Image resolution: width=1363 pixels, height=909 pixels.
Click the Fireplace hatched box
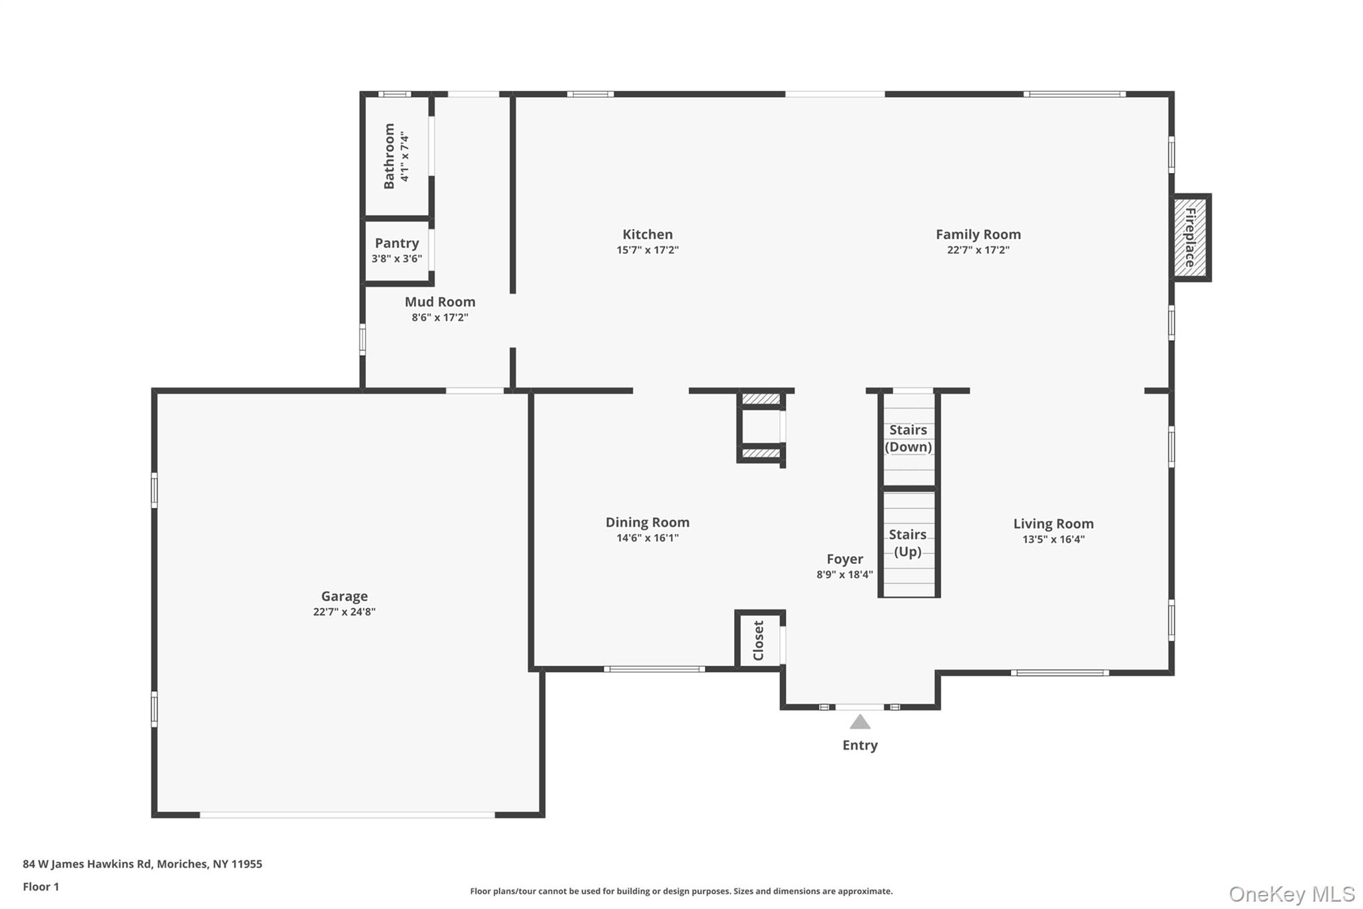coord(1190,238)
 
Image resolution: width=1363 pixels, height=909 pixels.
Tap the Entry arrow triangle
coord(860,723)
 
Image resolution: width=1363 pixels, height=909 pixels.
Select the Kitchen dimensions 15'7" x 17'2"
coord(647,250)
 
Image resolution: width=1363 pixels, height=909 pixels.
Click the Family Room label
coord(978,234)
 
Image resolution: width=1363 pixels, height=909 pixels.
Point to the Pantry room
coord(397,250)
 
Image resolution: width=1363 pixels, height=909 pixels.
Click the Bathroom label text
coord(389,156)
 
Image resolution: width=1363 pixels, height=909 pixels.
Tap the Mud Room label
coord(440,302)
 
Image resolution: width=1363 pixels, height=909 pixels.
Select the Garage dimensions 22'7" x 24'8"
coord(344,612)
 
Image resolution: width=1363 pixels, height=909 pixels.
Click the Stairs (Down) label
coord(908,438)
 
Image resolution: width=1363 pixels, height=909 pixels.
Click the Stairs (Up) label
coord(908,543)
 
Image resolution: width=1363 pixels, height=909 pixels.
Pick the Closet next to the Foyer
coord(759,640)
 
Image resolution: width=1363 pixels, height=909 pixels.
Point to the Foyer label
coord(845,559)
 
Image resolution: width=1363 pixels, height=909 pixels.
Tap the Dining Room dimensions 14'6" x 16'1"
coord(647,538)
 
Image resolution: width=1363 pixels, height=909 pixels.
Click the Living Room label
coord(1053,524)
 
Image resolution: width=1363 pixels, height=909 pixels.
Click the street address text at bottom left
coord(142,864)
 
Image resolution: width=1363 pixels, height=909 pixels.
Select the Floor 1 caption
coord(41,887)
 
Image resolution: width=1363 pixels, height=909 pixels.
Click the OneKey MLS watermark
coord(1291,894)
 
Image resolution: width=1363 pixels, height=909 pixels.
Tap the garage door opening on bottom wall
coord(347,814)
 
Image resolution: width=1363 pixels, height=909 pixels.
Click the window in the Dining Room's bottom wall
coord(654,669)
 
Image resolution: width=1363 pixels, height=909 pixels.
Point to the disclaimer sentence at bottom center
coord(681,891)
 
